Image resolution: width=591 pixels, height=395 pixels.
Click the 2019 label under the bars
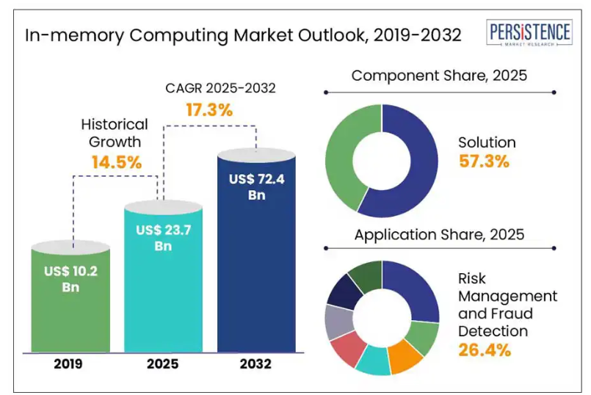(x=70, y=364)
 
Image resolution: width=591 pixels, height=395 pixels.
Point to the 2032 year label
(x=255, y=364)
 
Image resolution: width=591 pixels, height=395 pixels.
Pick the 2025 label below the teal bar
(x=164, y=364)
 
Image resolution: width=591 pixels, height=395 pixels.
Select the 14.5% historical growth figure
(x=116, y=162)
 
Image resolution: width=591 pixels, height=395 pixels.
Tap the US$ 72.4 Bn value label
(x=256, y=186)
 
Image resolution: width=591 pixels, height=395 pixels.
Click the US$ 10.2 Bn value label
(x=70, y=279)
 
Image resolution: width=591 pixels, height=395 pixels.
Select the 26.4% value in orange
(x=484, y=349)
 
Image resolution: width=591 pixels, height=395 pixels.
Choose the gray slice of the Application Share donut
(x=339, y=321)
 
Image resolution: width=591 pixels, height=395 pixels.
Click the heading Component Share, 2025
(x=439, y=76)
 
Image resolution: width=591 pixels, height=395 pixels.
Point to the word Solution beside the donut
(x=487, y=142)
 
